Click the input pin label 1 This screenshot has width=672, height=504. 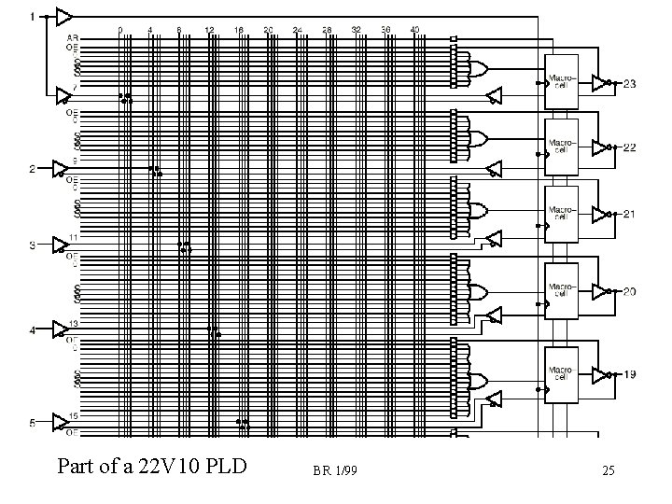point(32,16)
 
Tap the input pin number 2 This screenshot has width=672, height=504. point(32,169)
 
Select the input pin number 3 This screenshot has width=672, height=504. point(32,245)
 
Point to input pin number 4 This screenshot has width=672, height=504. point(32,330)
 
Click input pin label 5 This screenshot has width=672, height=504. point(32,423)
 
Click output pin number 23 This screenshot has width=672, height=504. point(630,84)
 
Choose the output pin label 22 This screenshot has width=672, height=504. point(630,147)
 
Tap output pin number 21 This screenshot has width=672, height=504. point(630,214)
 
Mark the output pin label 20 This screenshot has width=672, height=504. point(630,291)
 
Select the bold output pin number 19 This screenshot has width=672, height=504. point(631,374)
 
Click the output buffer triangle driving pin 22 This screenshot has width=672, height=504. point(599,147)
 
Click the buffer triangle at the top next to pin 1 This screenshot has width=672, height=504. point(63,16)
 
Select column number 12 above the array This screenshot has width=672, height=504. point(209,30)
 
